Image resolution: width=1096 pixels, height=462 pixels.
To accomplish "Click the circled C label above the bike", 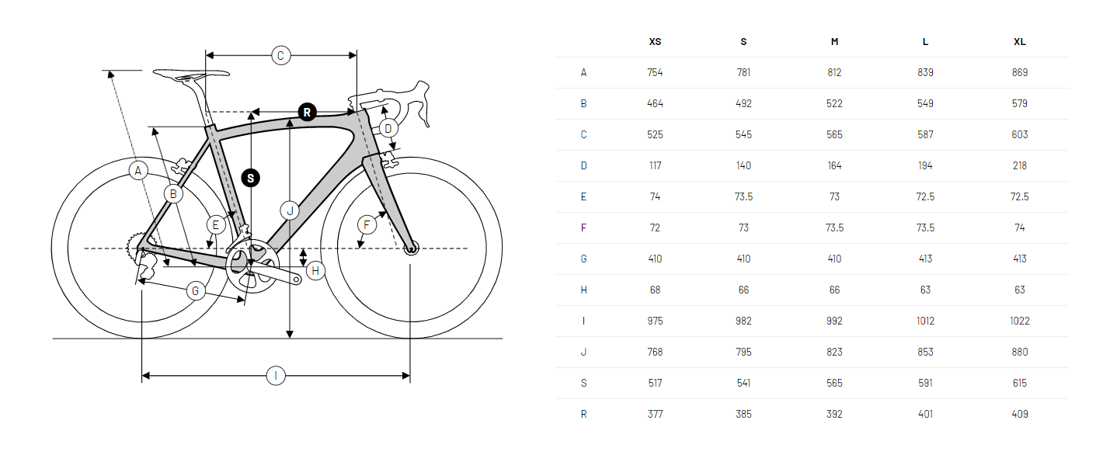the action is point(281,56).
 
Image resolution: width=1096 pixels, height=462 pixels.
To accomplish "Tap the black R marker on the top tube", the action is point(308,113).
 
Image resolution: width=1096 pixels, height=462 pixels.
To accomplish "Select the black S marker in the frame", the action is point(251,178).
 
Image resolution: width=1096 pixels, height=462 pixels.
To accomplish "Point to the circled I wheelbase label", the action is point(276,376).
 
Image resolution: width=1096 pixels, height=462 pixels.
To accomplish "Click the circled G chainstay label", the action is point(195,291).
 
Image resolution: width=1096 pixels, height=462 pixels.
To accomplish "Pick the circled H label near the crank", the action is point(315,271).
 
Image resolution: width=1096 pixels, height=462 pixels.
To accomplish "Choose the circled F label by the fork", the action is point(367,225).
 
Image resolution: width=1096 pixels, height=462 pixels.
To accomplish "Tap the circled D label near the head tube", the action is point(388,129).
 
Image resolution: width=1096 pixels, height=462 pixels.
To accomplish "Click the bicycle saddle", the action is point(191,75).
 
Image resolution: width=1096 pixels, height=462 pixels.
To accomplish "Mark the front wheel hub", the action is point(411,248).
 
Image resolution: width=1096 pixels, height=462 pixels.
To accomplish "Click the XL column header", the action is point(1020,42).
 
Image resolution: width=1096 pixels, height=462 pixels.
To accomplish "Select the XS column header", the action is point(655,42).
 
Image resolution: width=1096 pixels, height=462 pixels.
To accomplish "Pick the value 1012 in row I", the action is point(925,321).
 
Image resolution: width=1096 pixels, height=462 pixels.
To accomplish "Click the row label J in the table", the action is point(583,352).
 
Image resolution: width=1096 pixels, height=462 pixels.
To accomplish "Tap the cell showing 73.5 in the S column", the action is point(743,196).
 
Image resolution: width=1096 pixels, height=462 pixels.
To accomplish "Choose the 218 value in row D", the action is point(1020,165).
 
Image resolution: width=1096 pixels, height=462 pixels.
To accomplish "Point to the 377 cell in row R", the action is point(655,414).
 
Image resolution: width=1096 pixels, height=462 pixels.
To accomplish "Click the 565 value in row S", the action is point(835,384).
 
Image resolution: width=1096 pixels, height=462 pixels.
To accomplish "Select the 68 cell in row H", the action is point(655,290).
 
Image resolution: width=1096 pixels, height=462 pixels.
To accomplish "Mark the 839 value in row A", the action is point(925,73).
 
